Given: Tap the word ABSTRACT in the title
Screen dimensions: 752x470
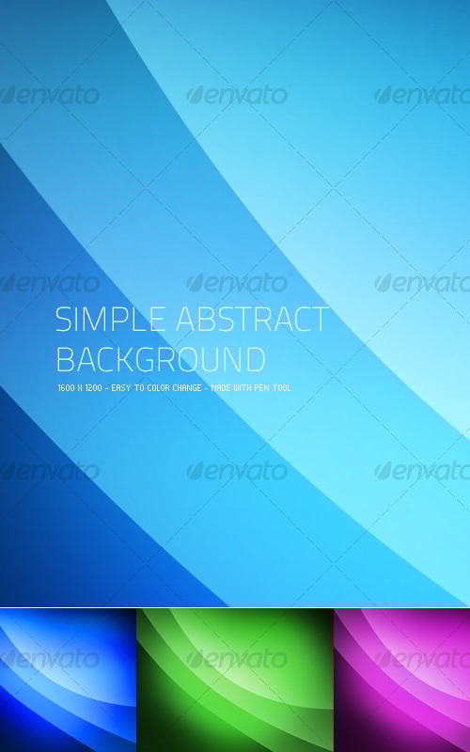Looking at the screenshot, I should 252,320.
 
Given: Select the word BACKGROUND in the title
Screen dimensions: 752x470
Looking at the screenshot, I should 161,359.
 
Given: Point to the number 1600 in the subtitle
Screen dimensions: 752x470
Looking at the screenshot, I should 66,387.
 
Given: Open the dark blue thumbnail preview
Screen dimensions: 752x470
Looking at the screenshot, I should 68,680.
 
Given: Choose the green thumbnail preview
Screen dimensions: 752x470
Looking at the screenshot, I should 235,680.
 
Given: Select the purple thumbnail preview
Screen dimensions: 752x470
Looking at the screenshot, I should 402,680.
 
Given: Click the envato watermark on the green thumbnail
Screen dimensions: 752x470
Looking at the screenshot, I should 237,659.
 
